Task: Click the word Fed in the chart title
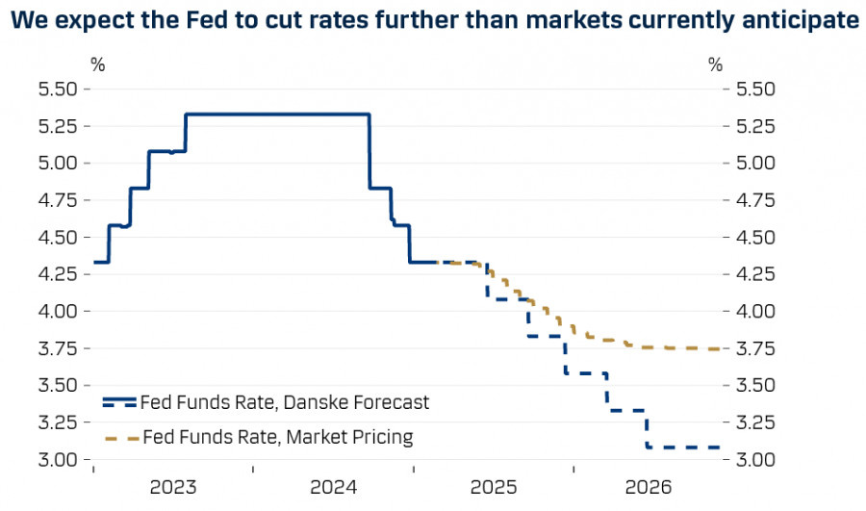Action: (193, 19)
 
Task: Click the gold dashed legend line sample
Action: (119, 439)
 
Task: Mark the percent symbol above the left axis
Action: (97, 65)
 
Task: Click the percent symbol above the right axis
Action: (715, 65)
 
